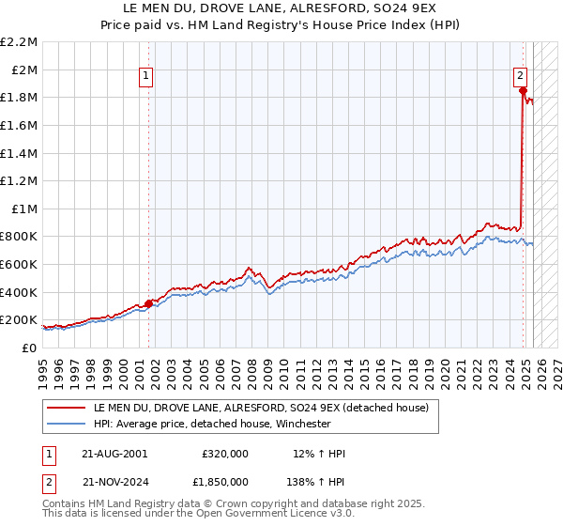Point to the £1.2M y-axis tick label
21,180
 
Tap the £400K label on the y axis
20,291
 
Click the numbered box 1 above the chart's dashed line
147,78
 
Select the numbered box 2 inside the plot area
519,78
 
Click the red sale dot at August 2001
148,302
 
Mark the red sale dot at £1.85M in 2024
523,90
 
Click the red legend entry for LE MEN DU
261,408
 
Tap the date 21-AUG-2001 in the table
114,453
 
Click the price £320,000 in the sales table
224,453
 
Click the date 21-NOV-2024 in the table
114,480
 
